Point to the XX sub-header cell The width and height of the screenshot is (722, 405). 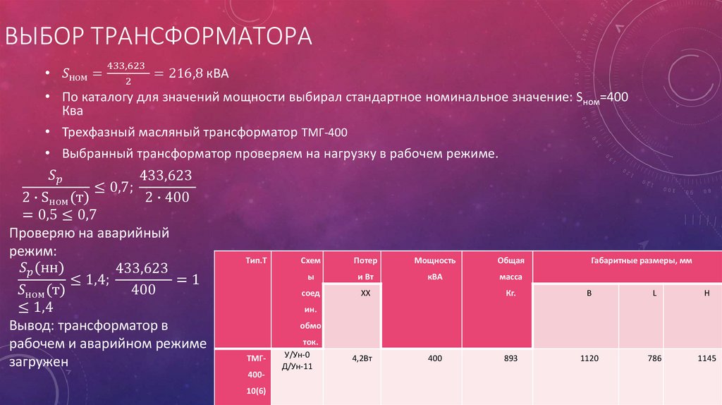365,292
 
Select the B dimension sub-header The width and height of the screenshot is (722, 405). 589,292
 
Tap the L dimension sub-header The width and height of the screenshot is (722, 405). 654,292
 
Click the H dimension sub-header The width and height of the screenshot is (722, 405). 706,292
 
